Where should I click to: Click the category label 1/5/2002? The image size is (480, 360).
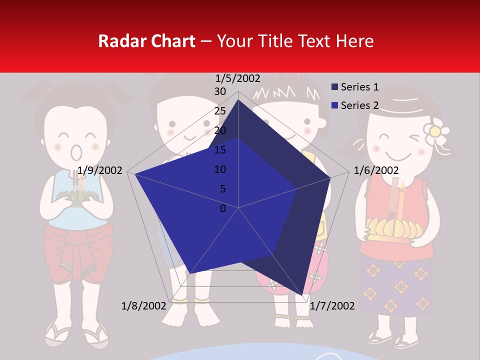coord(237,78)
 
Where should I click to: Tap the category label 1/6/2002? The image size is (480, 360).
coord(376,170)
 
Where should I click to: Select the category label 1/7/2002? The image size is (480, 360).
coord(332,305)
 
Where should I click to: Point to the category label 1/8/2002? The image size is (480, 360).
coord(143,305)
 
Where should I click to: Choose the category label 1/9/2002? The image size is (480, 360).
coord(100,170)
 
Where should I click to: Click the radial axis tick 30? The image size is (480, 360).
coord(220,91)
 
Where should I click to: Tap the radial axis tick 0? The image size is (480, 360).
coord(223,208)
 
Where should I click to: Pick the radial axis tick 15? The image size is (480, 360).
coord(220,150)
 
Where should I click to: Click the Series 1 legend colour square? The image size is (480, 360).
coord(335,87)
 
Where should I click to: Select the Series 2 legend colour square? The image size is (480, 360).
coord(335,105)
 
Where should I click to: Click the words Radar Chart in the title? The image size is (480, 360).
coord(146,41)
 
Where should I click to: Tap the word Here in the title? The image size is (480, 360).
coord(354,41)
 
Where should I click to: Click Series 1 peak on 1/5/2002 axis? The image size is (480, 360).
coord(238,100)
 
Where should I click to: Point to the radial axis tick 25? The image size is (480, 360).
coord(220,111)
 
